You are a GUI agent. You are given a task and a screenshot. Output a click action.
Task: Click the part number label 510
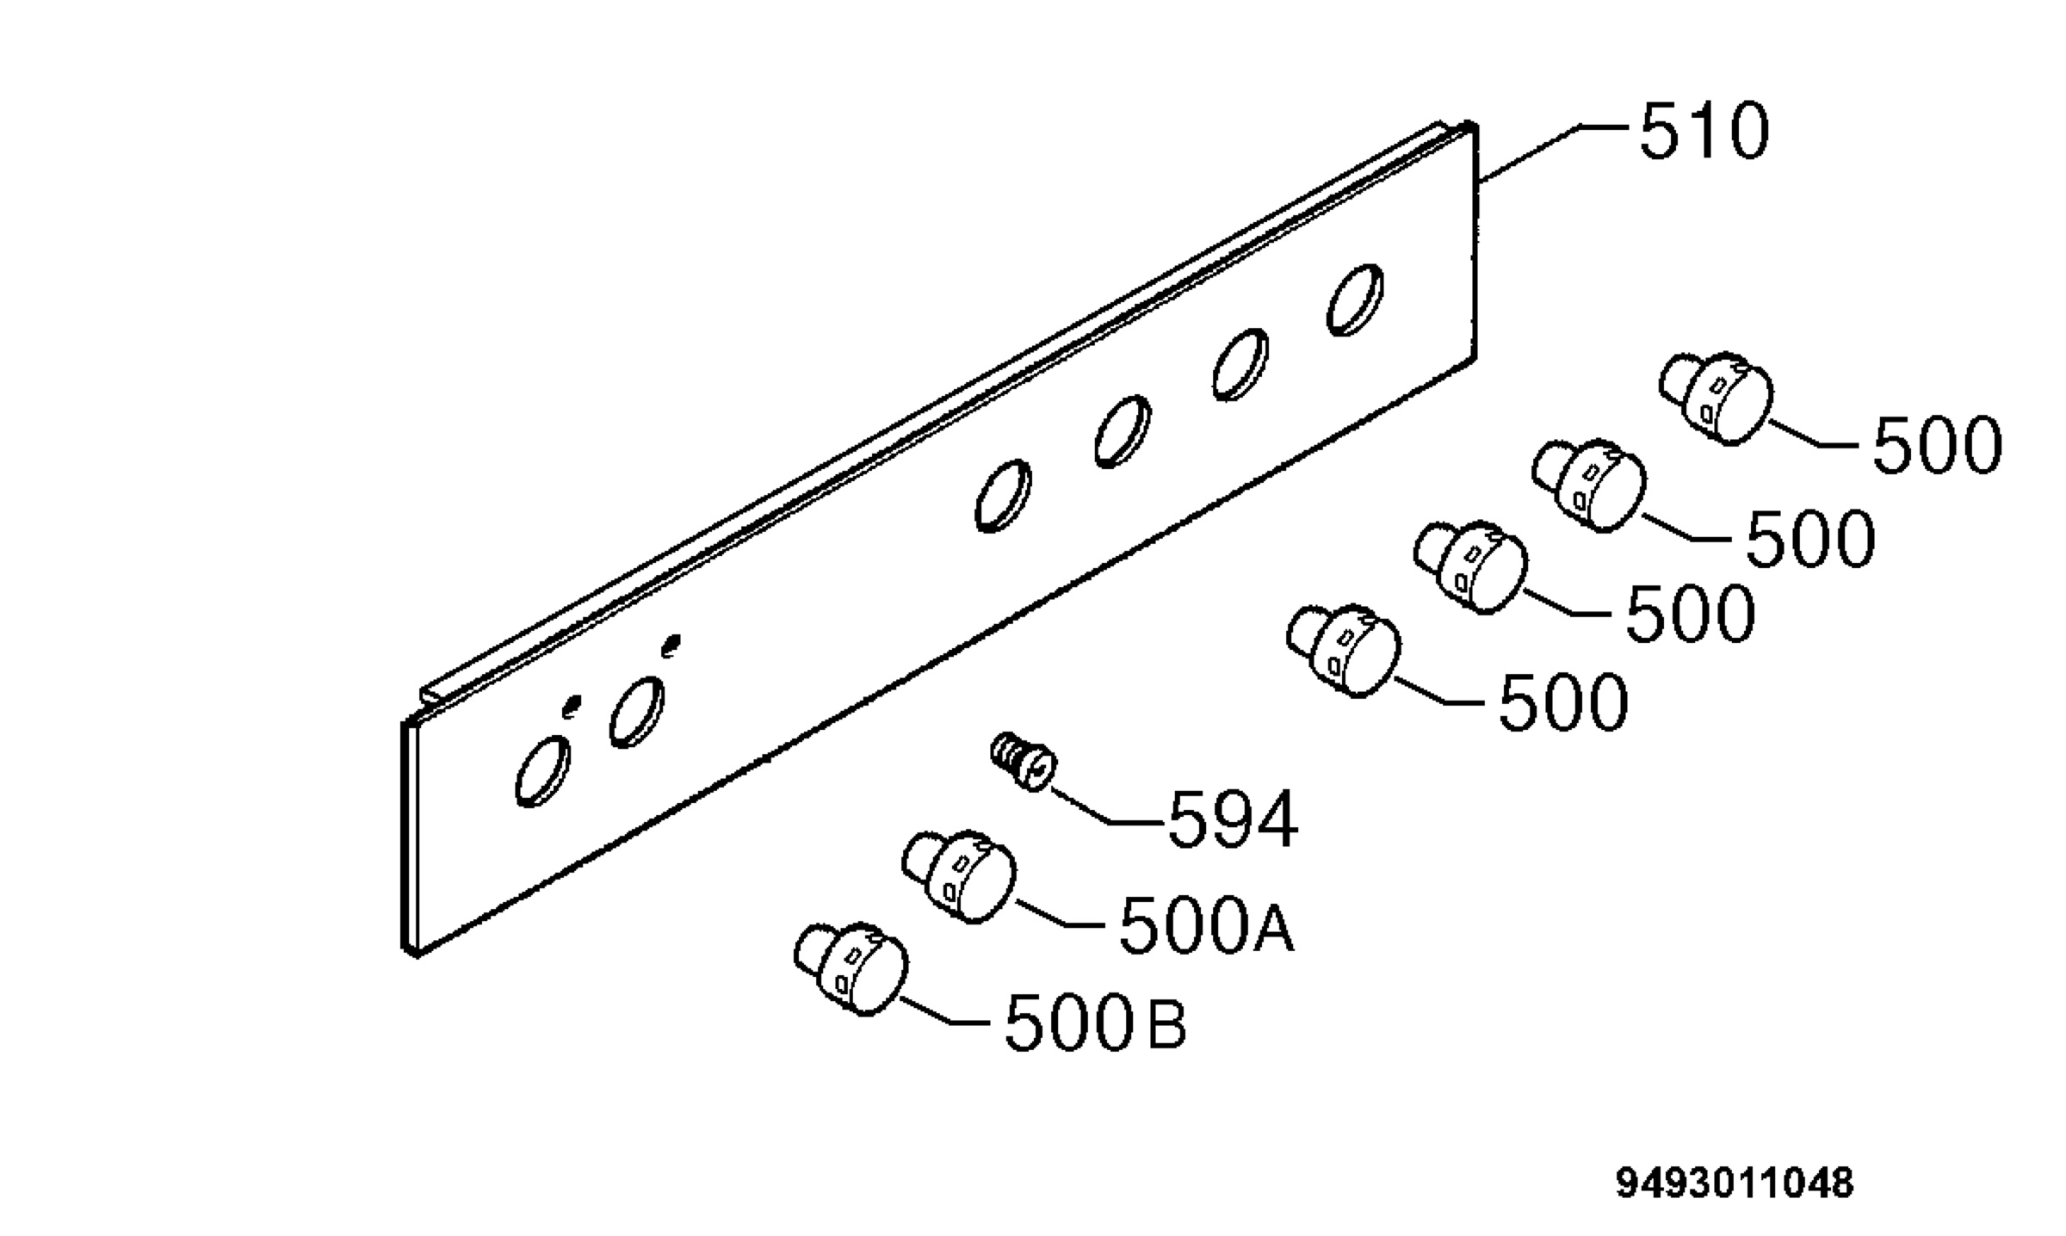tap(1704, 132)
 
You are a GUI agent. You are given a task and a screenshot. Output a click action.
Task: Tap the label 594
tap(1232, 819)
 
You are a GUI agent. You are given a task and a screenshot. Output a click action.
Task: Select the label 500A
tap(1206, 924)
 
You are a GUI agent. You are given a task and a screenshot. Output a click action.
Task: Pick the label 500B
tap(1096, 1022)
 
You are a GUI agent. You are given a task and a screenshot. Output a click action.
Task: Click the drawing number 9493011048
tap(1734, 1183)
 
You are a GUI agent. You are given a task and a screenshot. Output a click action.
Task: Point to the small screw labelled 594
tap(1023, 759)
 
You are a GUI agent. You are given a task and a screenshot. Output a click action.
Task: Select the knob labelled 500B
tap(851, 969)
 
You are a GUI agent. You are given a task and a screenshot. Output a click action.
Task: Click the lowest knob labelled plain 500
tap(1344, 651)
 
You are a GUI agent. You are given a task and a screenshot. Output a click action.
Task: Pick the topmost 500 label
tap(1937, 445)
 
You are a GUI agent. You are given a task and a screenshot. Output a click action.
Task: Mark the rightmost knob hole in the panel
tap(1356, 300)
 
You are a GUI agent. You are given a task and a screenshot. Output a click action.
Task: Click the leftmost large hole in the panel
tap(542, 771)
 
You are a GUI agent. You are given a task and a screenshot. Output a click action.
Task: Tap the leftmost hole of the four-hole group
tap(1004, 496)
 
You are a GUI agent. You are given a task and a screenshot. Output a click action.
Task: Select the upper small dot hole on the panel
tap(671, 644)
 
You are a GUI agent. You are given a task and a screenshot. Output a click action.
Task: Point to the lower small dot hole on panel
tap(570, 707)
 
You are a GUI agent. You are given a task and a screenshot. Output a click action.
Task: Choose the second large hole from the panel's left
tap(637, 712)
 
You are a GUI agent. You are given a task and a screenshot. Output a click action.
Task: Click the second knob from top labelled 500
tap(1589, 485)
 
